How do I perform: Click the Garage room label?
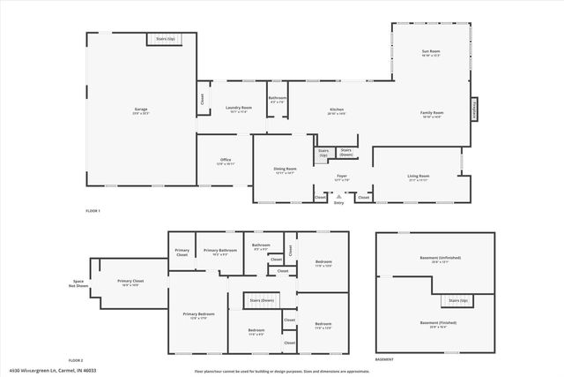[141, 111]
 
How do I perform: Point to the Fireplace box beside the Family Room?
[474, 109]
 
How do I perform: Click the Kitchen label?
[336, 111]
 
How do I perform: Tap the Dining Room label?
[286, 170]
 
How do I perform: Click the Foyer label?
[343, 177]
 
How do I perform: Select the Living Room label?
[419, 177]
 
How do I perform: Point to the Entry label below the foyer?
[338, 203]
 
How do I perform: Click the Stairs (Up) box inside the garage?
[165, 40]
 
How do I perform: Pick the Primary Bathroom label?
[220, 252]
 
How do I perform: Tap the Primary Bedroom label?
[198, 316]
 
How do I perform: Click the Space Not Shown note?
[77, 284]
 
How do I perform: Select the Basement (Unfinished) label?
[440, 260]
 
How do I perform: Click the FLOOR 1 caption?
[93, 211]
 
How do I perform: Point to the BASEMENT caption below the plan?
[384, 360]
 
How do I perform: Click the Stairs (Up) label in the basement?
[458, 301]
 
